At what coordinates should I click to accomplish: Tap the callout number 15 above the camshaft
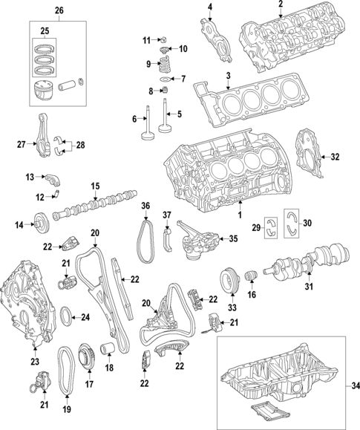95,186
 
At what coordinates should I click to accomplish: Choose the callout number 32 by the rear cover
335,157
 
